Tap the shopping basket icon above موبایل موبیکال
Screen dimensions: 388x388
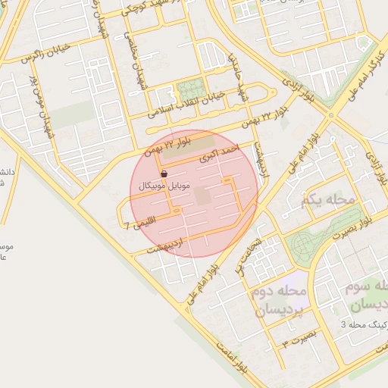164,174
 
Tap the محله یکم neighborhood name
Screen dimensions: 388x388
327,200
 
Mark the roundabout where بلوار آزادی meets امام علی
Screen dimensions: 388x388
331,115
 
